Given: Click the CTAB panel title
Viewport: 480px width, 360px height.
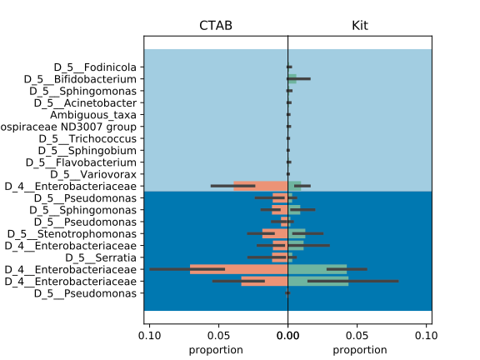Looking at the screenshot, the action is click(x=216, y=25).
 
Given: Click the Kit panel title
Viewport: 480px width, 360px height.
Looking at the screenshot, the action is click(x=360, y=25).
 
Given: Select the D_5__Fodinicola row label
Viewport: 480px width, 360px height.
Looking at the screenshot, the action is click(x=95, y=67).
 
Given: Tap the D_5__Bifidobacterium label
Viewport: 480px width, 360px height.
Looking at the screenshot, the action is click(x=80, y=79).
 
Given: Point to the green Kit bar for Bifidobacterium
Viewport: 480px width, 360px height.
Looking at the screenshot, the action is click(x=292, y=79).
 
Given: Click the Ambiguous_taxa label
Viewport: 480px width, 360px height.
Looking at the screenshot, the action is click(x=93, y=115).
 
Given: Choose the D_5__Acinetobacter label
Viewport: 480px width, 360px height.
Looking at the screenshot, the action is click(x=85, y=102).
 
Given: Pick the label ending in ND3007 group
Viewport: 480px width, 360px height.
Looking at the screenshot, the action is click(x=68, y=127).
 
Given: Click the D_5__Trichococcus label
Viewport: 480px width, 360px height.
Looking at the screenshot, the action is click(x=87, y=138).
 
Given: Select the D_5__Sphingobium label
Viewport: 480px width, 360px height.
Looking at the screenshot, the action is click(x=87, y=151).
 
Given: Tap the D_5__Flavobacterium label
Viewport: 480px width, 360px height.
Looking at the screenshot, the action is click(x=81, y=162).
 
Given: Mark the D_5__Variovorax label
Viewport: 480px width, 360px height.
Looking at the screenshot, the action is click(x=93, y=174).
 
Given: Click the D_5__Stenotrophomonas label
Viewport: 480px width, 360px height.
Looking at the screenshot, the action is click(x=72, y=234).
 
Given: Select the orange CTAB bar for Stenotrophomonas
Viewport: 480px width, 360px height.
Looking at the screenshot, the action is click(x=275, y=233).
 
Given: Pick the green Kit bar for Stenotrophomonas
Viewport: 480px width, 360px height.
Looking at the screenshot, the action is click(x=297, y=233).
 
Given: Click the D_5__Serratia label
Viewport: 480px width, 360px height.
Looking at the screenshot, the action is click(x=101, y=257).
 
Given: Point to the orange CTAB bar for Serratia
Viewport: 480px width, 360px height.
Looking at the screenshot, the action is click(x=280, y=257).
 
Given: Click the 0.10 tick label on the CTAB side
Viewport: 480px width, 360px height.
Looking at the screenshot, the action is click(x=149, y=336).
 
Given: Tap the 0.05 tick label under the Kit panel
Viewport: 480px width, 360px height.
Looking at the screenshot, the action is click(x=357, y=336).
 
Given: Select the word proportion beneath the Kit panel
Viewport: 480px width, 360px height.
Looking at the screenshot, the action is click(x=360, y=350).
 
